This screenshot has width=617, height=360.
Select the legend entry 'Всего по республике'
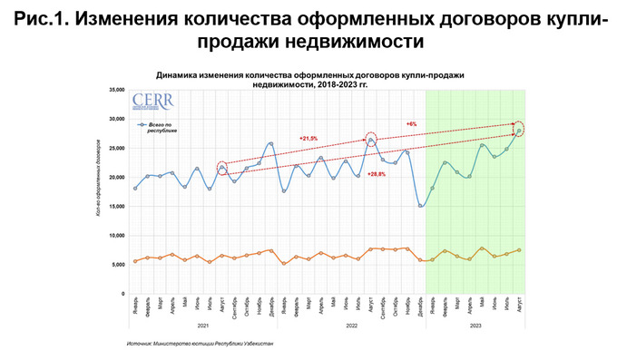point(164,127)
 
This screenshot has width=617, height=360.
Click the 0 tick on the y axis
point(121,294)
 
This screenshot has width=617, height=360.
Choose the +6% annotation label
point(411,122)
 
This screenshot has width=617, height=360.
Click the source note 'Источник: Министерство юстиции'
point(201,345)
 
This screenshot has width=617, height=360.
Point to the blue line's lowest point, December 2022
point(420,206)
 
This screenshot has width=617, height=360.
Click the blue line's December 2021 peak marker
point(270,143)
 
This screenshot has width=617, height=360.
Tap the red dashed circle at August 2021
point(222,168)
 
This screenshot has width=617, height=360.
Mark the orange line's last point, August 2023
point(519,250)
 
